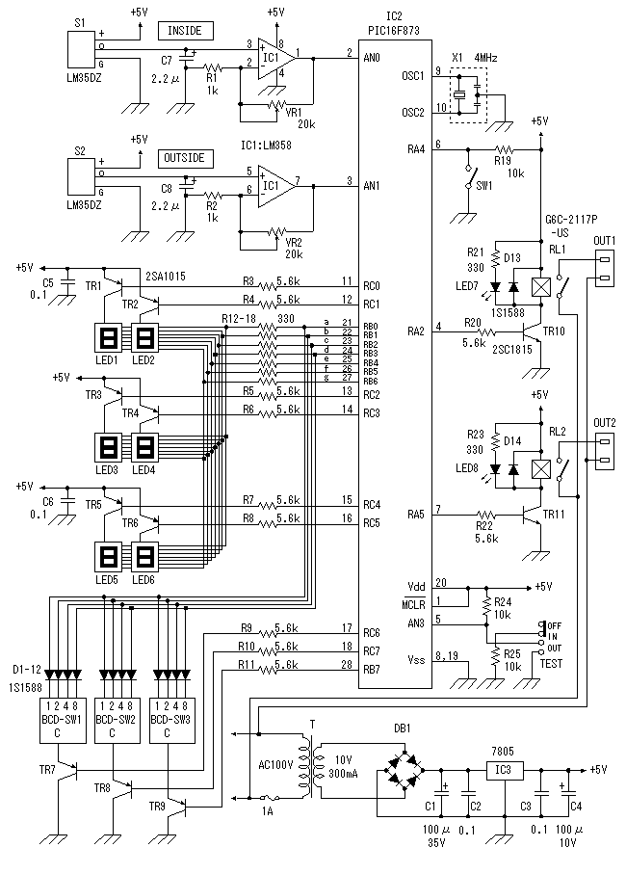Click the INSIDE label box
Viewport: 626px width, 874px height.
[184, 30]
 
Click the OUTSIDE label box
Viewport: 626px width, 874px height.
[184, 157]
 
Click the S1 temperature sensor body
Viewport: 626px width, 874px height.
[79, 48]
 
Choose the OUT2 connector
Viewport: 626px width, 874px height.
[605, 450]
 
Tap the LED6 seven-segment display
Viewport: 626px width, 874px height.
[144, 558]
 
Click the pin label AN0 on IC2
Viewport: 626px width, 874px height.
[370, 58]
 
